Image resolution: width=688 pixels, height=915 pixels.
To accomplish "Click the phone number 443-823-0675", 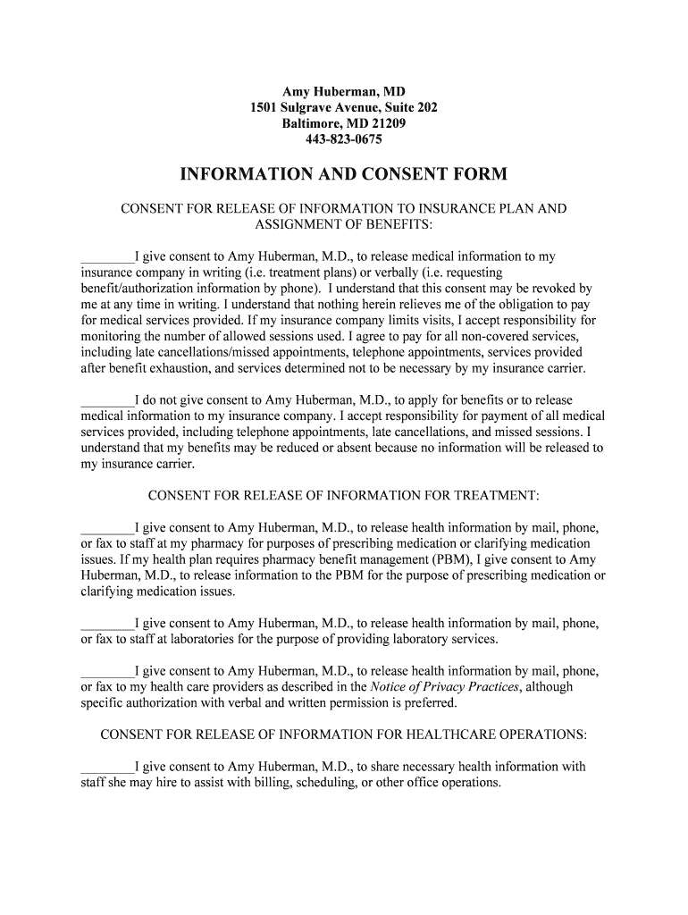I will coord(344,140).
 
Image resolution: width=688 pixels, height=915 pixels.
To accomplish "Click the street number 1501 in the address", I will coord(267,108).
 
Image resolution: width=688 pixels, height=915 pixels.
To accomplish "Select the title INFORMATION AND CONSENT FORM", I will coord(344,173).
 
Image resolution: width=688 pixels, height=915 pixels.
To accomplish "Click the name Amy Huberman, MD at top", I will coord(344,92).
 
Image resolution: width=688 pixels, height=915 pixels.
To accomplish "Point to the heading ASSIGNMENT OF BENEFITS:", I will coord(344,224).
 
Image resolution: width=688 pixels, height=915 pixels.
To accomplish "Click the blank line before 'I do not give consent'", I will coord(107,400).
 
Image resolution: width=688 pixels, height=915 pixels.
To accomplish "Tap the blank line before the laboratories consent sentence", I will coord(107,624).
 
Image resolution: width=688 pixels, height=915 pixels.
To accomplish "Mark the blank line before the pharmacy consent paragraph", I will coord(107,528).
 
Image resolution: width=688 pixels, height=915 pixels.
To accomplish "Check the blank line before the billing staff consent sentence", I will coord(107,767).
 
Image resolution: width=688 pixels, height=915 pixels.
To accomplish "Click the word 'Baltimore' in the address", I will coord(312,124).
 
